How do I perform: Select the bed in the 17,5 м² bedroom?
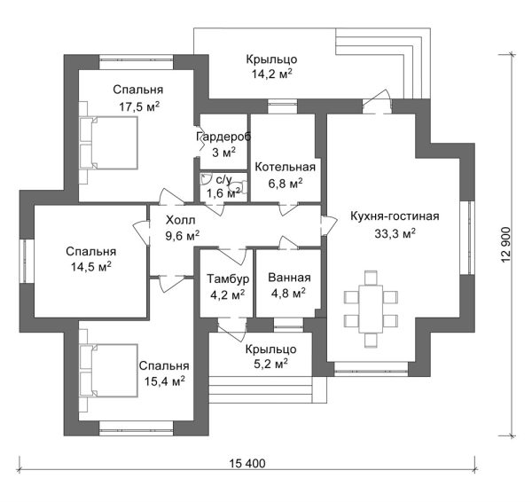108,143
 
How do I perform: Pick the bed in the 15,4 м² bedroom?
108,371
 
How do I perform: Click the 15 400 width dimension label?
247,463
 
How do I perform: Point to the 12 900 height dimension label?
505,245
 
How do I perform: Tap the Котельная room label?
285,167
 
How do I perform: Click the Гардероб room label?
223,137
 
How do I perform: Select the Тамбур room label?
228,278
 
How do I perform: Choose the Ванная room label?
289,278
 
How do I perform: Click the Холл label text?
181,220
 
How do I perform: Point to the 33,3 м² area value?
395,233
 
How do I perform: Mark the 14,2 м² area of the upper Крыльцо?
272,74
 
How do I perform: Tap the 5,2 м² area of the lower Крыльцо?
270,364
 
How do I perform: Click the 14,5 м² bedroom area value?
91,267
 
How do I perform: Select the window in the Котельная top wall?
282,106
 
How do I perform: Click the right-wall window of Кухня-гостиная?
469,238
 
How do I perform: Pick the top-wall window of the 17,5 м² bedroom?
137,62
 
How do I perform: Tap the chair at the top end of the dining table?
372,278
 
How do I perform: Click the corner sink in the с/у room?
205,179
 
